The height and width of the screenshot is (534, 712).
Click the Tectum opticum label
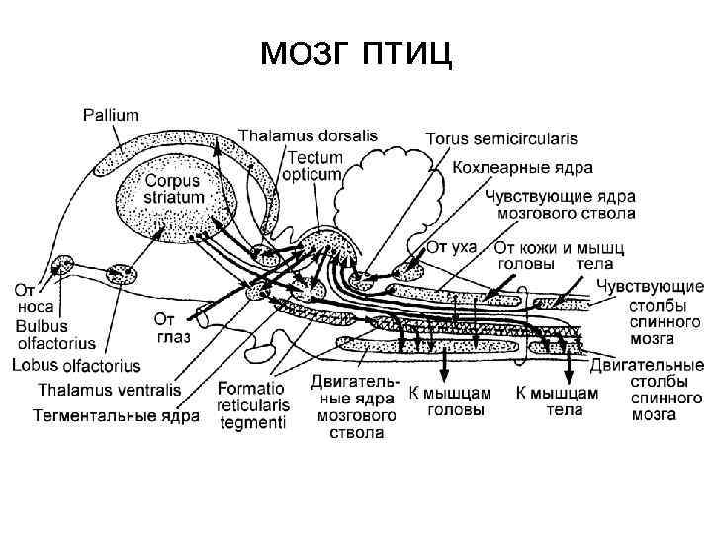pyautogui.click(x=315, y=165)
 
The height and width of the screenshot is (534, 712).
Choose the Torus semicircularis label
pyautogui.click(x=501, y=139)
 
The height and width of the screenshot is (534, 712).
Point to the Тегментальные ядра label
pyautogui.click(x=116, y=415)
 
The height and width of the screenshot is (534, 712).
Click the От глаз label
pyautogui.click(x=170, y=327)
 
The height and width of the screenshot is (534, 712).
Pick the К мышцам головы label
pyautogui.click(x=450, y=400)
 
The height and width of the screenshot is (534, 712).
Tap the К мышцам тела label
pyautogui.click(x=557, y=400)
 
